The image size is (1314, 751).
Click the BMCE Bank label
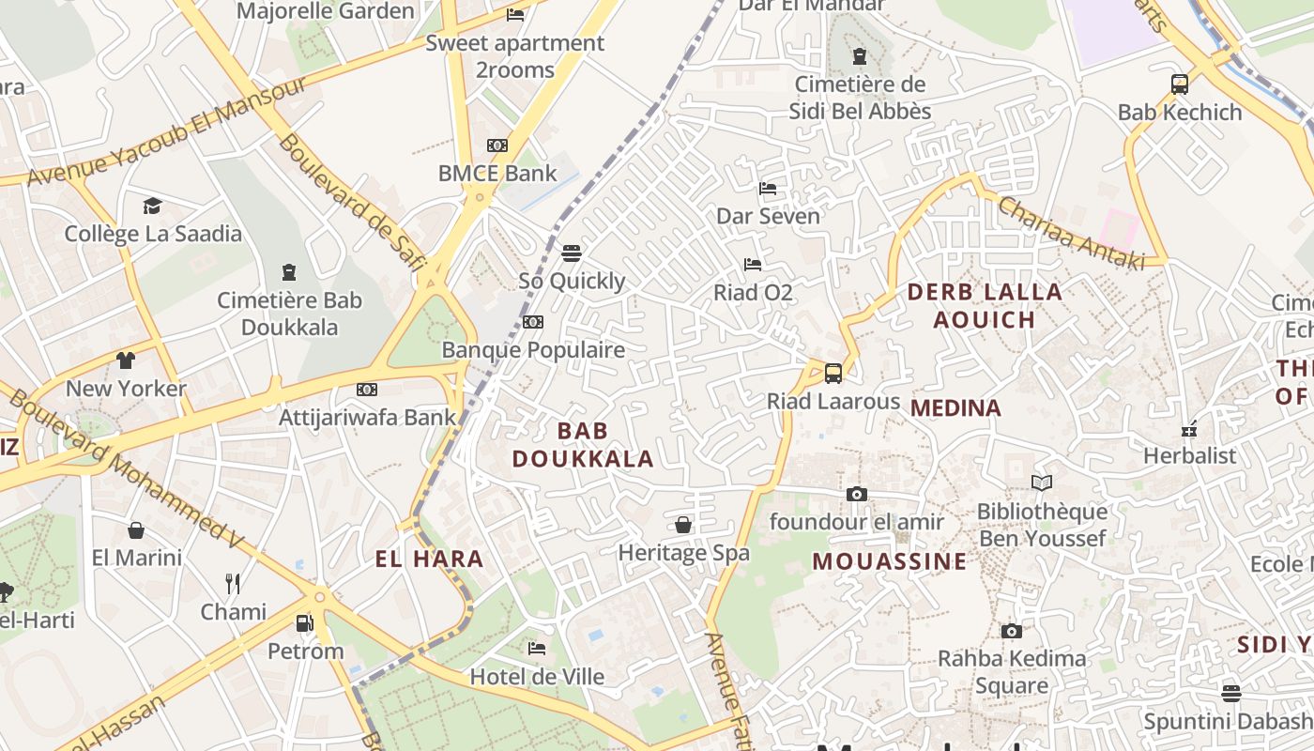(497, 174)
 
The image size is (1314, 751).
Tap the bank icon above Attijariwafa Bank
(367, 390)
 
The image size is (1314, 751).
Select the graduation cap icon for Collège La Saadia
(152, 206)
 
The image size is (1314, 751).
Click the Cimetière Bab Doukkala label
(289, 314)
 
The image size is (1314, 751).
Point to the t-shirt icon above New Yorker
(126, 360)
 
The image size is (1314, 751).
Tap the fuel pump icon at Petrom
(304, 622)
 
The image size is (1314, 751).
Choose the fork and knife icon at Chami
(233, 584)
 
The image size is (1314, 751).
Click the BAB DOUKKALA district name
(582, 445)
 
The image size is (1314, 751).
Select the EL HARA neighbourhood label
(429, 560)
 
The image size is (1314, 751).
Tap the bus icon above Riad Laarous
(833, 374)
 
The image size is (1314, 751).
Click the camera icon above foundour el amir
(856, 494)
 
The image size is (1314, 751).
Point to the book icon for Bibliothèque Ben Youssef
(1042, 483)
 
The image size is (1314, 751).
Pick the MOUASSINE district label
(889, 562)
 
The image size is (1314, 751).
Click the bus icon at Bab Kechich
(1180, 84)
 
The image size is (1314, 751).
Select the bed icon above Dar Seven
(768, 189)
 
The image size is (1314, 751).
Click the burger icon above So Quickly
(571, 253)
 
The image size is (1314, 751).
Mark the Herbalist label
(1189, 456)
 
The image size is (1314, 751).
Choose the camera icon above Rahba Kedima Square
(1011, 631)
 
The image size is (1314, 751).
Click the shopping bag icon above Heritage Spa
(683, 525)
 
